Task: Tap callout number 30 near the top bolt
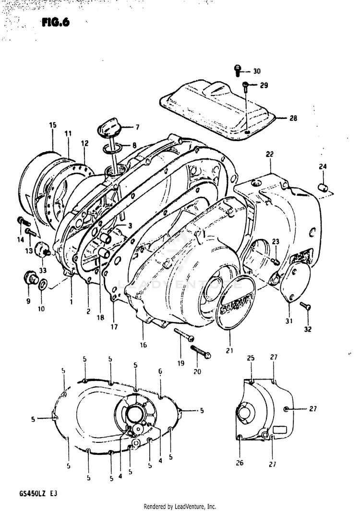tap(257, 71)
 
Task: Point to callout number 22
tap(269, 154)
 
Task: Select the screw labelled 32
tap(305, 306)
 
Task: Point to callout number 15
tap(52, 125)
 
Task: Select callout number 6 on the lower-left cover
tap(160, 371)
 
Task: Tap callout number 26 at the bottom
tap(239, 463)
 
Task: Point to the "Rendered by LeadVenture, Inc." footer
tap(180, 506)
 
